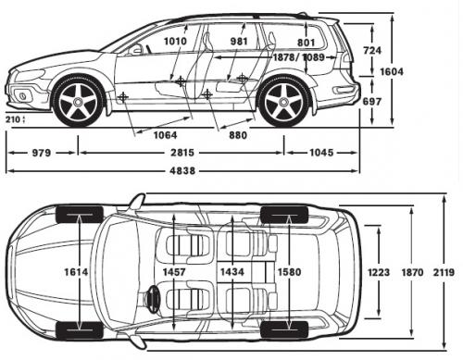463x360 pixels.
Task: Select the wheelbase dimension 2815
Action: coord(182,152)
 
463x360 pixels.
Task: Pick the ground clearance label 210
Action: coord(12,119)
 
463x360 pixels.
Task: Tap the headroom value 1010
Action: coord(175,41)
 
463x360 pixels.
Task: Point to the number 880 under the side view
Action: coord(238,134)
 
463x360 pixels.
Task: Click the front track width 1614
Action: coord(78,273)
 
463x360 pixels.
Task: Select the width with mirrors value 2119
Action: coord(444,272)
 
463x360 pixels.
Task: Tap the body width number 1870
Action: coord(413,272)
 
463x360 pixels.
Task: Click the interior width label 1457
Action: coord(175,272)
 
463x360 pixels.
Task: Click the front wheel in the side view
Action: coord(79,102)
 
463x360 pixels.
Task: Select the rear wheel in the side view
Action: coord(283,102)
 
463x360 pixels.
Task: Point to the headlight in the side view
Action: coord(28,74)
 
